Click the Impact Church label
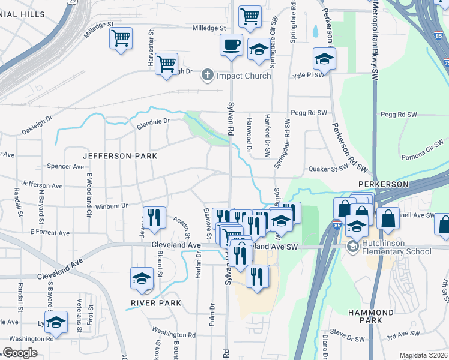(x=244, y=76)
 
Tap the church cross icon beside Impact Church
(x=208, y=75)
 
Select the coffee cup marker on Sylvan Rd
(x=231, y=44)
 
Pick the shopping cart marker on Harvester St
(x=166, y=64)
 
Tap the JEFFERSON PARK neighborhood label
(x=120, y=156)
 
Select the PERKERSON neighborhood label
(x=384, y=184)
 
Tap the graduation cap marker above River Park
(x=142, y=279)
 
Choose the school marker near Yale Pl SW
(x=324, y=59)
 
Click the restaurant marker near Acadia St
(x=154, y=217)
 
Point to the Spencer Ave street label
(x=65, y=166)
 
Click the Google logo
(x=20, y=353)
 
